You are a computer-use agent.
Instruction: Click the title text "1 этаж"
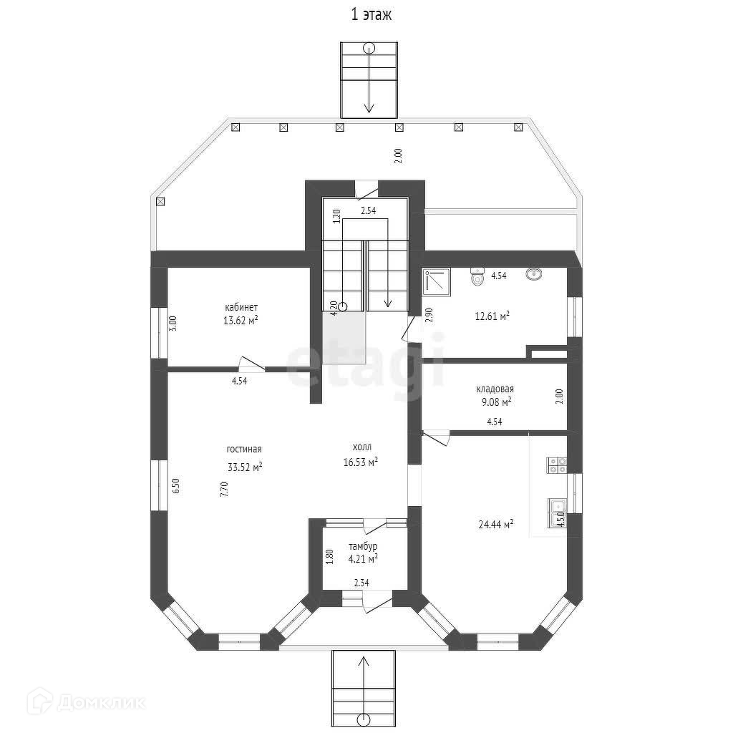tap(371, 15)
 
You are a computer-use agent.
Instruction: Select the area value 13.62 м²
tap(241, 321)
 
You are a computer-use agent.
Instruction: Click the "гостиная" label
tap(244, 450)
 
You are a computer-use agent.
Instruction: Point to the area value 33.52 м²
tap(244, 467)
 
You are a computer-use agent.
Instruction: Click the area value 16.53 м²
tap(360, 462)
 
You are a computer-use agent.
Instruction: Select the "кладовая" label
tap(495, 389)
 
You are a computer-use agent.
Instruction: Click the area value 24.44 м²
tap(496, 525)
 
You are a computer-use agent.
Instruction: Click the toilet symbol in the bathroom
tap(477, 276)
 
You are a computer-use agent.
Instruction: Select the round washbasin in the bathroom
tap(533, 274)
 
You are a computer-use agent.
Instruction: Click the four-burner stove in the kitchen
tap(557, 465)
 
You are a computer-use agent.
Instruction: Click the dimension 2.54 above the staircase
tap(368, 211)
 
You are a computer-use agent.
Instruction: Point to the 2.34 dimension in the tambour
tap(361, 583)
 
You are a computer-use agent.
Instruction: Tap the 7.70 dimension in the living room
tap(223, 490)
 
